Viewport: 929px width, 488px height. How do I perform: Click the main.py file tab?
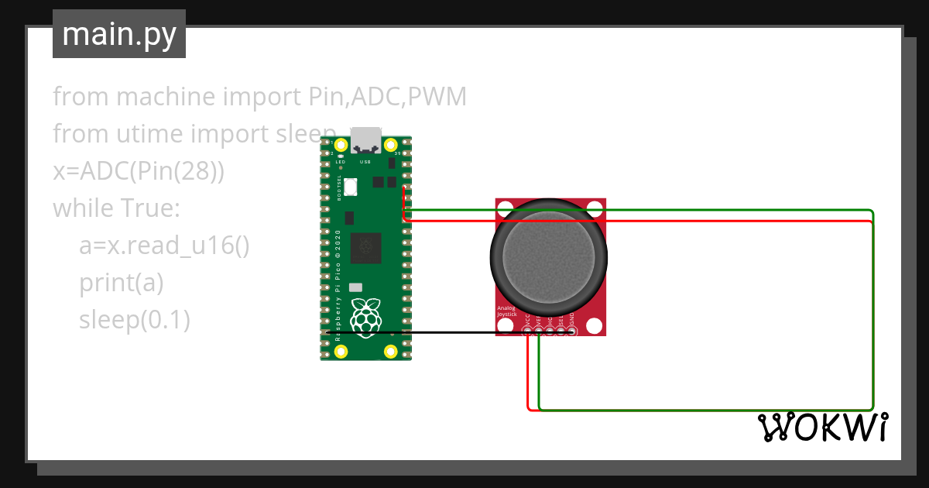tap(118, 34)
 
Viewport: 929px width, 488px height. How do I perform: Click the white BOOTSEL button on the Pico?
tap(350, 187)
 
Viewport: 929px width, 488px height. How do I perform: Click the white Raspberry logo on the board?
tap(365, 317)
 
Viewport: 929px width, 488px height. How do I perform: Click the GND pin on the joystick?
tap(572, 332)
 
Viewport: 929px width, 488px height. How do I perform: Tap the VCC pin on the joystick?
tap(528, 332)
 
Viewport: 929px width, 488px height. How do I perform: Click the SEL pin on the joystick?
tap(561, 332)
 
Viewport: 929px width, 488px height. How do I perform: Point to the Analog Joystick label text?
tap(508, 311)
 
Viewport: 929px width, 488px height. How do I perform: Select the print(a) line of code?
tap(122, 283)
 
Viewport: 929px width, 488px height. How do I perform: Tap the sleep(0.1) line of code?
tap(135, 319)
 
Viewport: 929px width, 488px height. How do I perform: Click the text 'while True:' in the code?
tap(116, 208)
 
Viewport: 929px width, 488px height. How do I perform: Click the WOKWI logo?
tap(821, 427)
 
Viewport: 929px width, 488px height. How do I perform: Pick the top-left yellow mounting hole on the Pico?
tap(341, 145)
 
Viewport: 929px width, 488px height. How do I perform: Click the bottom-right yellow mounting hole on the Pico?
tap(391, 352)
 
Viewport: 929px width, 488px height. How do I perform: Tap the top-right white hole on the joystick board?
tap(595, 208)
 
